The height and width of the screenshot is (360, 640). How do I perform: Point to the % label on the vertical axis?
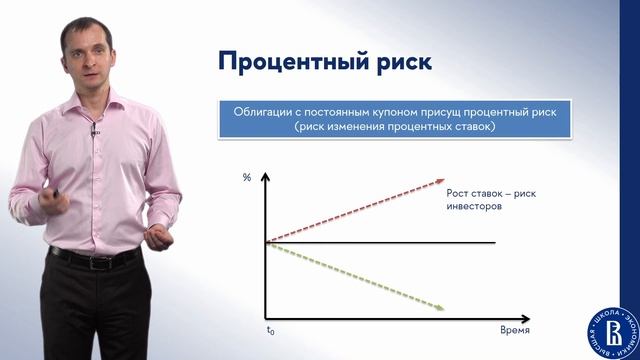tap(247, 178)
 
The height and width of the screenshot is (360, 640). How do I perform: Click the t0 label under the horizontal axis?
tap(269, 329)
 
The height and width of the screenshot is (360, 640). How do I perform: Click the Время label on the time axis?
tap(514, 329)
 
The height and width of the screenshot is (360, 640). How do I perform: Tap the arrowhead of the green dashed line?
tap(440, 308)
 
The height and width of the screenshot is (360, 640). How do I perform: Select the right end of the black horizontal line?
tap(495, 242)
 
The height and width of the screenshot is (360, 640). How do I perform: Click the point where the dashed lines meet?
tap(266, 242)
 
